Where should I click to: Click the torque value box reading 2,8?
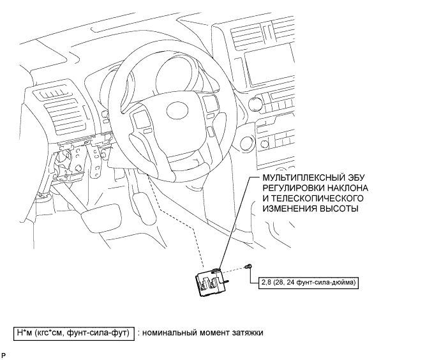(308, 281)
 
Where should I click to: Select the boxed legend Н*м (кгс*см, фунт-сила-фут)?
(74, 333)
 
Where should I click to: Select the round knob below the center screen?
(258, 102)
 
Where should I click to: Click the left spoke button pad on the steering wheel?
(140, 118)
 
